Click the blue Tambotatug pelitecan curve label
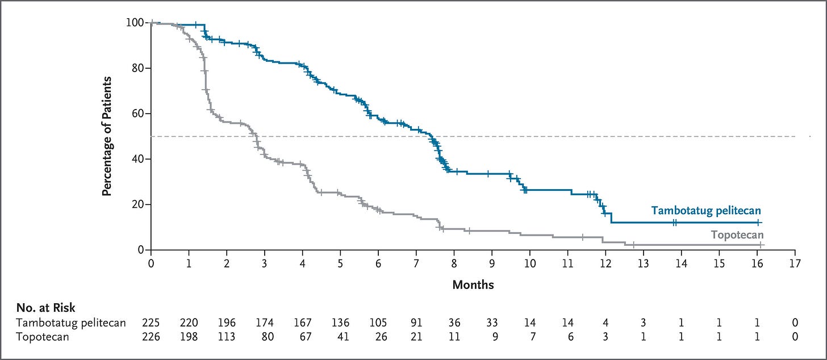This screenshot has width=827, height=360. pyautogui.click(x=706, y=211)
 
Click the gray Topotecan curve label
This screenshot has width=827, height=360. pyautogui.click(x=737, y=235)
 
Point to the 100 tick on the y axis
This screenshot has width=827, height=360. pyautogui.click(x=148, y=23)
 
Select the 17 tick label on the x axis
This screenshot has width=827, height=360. pyautogui.click(x=795, y=263)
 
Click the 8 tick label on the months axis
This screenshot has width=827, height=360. pyautogui.click(x=454, y=263)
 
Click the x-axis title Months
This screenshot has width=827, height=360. pyautogui.click(x=473, y=284)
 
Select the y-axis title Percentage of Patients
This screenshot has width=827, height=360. pyautogui.click(x=107, y=136)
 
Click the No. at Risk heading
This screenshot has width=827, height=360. pyautogui.click(x=46, y=308)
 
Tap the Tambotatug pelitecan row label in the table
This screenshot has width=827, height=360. pyautogui.click(x=71, y=323)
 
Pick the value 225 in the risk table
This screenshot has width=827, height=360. pyautogui.click(x=151, y=323)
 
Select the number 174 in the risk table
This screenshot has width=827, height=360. pyautogui.click(x=265, y=323)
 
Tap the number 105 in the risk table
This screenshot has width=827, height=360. pyautogui.click(x=378, y=323)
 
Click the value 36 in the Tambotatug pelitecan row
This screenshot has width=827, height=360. pyautogui.click(x=454, y=323)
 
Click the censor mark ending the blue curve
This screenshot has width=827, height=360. pyautogui.click(x=758, y=223)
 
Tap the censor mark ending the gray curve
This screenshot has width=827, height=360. pyautogui.click(x=761, y=245)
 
